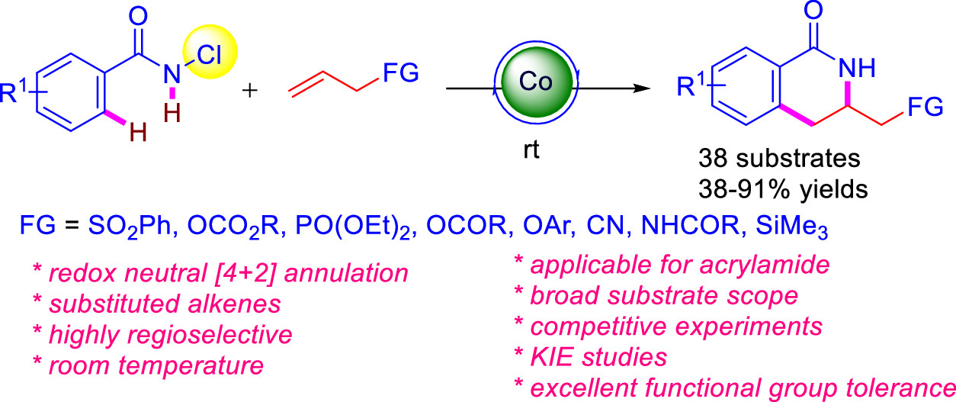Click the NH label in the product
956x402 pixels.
[860, 69]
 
